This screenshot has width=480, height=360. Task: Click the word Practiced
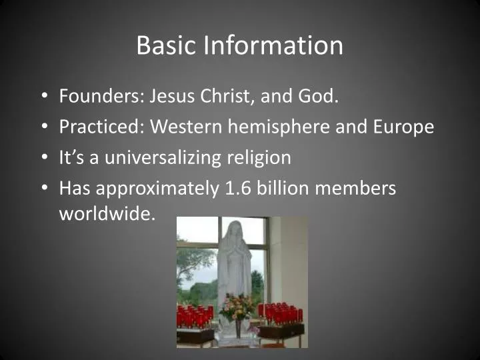(x=101, y=127)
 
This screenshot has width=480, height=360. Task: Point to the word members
(x=356, y=189)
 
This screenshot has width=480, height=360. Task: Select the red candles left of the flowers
(x=195, y=315)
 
